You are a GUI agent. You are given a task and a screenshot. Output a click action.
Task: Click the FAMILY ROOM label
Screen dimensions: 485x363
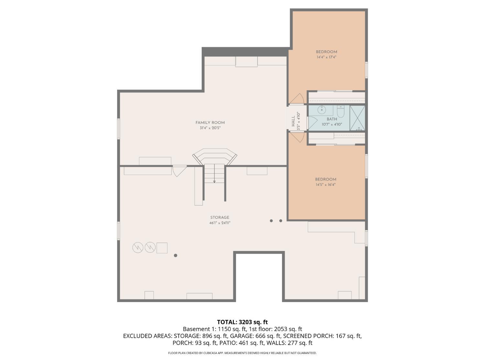[210, 123]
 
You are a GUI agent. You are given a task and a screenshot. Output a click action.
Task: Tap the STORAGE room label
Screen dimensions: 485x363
[220, 217]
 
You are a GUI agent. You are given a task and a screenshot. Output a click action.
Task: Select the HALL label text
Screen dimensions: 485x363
[293, 121]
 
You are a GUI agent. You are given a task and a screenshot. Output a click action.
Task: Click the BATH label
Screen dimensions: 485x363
[332, 119]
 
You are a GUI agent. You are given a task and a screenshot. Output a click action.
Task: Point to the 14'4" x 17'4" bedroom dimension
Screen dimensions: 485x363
[326, 57]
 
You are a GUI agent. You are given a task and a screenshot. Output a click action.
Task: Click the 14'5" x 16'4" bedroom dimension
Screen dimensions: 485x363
[326, 185]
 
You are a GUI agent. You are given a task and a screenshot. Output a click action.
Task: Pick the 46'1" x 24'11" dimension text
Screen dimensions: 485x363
[220, 223]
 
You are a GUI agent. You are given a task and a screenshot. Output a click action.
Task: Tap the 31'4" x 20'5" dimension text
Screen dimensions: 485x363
[210, 128]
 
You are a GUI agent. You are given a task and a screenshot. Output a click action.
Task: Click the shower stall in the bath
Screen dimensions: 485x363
[357, 118]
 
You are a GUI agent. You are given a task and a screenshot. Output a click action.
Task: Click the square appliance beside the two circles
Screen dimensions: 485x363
[162, 248]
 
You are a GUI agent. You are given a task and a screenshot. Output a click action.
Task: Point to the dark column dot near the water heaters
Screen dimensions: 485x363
[176, 256]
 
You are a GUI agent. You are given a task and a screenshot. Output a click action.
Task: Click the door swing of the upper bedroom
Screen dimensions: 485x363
[297, 99]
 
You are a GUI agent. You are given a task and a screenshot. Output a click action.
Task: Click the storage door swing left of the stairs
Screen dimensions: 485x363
[179, 171]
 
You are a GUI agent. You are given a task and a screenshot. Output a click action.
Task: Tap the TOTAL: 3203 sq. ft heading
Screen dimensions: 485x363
[242, 322]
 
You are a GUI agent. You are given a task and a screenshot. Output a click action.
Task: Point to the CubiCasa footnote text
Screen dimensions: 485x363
[242, 353]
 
